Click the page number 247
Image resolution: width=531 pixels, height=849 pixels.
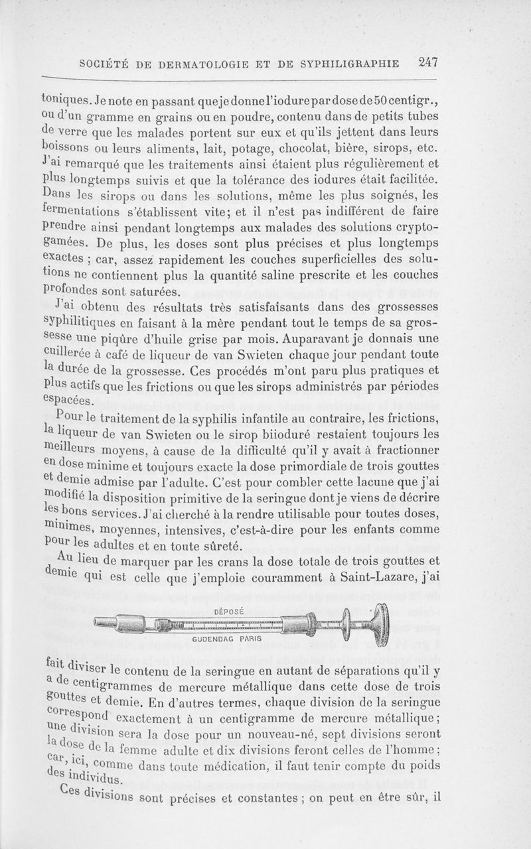pyautogui.click(x=428, y=63)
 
